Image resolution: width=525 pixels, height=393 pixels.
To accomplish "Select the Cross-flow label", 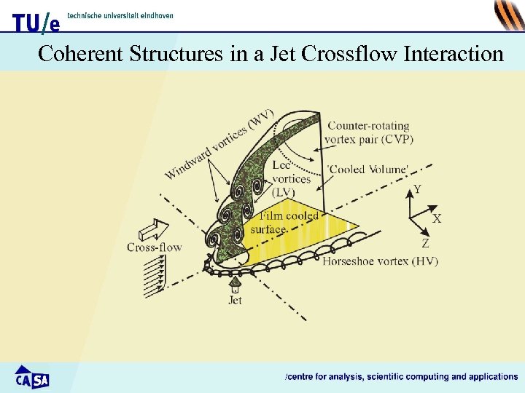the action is [x=154, y=247].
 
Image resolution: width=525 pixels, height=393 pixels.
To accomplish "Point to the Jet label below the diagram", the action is [x=235, y=299].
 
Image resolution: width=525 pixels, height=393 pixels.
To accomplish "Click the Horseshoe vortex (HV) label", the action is [x=380, y=261].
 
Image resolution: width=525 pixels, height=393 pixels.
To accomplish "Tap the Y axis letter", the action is [x=416, y=190].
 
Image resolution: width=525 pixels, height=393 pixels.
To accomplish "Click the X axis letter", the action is [x=436, y=218].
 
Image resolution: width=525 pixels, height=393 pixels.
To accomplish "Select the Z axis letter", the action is [x=425, y=244].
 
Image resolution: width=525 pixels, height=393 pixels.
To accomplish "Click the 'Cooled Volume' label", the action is [x=367, y=170].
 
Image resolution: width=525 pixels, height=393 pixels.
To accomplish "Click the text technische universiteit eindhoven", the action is [x=120, y=16].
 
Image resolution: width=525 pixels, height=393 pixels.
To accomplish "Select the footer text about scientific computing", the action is [x=401, y=376].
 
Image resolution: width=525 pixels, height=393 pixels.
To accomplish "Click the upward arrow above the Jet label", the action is [x=235, y=284].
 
